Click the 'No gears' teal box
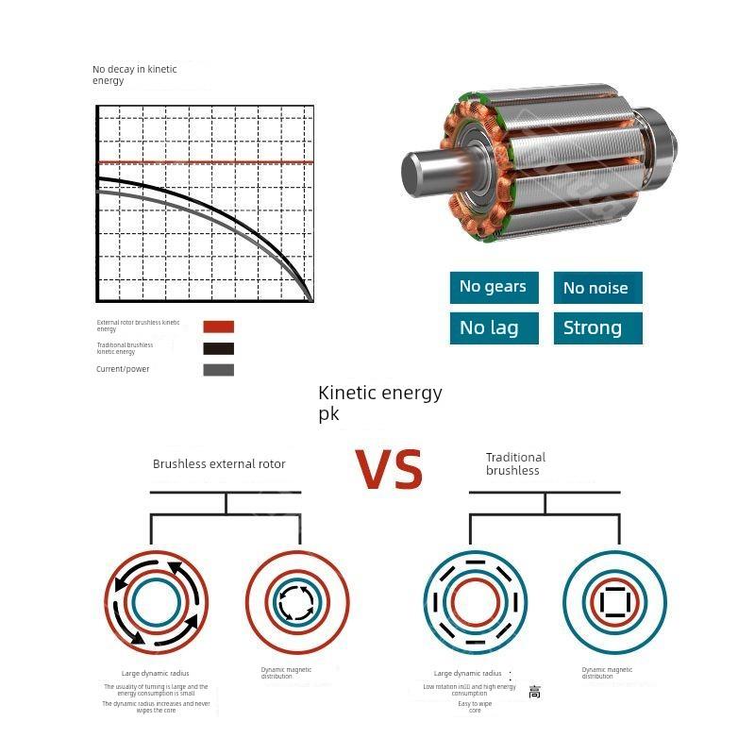tap(494, 287)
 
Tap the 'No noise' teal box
tap(596, 288)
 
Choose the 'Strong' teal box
tap(596, 327)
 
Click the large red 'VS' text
tap(389, 469)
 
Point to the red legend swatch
tap(218, 327)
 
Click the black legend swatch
tap(218, 347)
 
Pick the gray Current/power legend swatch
tap(218, 369)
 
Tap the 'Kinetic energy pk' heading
tap(379, 402)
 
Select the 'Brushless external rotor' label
tap(219, 463)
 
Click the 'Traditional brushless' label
tap(515, 463)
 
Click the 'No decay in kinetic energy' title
tap(134, 75)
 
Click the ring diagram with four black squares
tap(614, 601)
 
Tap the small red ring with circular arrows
tap(297, 601)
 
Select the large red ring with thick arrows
tap(156, 602)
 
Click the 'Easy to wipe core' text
tap(475, 707)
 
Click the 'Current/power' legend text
tap(123, 369)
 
